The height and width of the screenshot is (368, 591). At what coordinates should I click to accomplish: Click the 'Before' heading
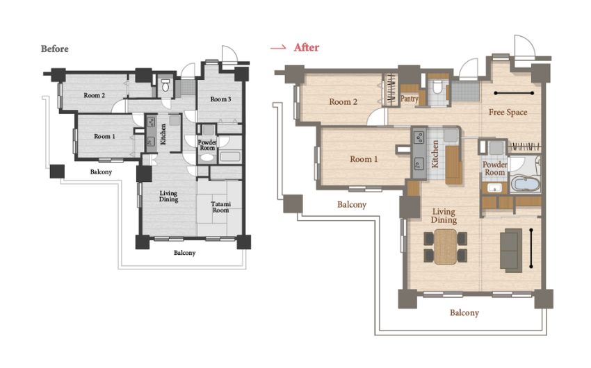click(55, 49)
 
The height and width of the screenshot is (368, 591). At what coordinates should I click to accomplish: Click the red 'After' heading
click(307, 47)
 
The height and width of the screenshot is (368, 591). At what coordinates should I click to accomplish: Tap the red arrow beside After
click(278, 48)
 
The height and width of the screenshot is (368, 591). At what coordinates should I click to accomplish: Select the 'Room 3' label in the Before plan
click(220, 99)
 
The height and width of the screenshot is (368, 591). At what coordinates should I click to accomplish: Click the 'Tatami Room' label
click(220, 207)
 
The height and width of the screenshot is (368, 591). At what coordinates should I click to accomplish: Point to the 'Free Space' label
click(508, 112)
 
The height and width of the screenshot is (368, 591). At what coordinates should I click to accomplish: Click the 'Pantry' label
click(410, 99)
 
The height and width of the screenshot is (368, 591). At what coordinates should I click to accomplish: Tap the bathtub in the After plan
click(526, 185)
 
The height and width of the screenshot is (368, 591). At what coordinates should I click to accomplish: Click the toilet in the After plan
click(437, 87)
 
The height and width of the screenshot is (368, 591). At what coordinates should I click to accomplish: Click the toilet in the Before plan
click(165, 86)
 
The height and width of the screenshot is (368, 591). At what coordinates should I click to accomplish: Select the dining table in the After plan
click(445, 246)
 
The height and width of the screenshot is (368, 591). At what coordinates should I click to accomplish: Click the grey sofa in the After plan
click(511, 250)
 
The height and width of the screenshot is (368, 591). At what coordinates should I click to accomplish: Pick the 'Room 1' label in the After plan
click(364, 159)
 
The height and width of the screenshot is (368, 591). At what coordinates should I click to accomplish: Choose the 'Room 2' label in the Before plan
click(95, 96)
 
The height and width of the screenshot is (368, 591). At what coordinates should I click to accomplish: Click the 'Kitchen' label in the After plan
click(435, 154)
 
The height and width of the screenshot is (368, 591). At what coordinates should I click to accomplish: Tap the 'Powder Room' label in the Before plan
click(207, 145)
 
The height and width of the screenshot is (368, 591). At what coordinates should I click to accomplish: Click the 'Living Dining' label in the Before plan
click(168, 196)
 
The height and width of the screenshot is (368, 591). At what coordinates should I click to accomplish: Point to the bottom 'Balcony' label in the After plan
click(464, 312)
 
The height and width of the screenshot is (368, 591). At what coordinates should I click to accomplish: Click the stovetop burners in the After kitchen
click(419, 137)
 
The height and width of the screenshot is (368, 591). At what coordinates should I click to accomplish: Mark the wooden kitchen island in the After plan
click(453, 165)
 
